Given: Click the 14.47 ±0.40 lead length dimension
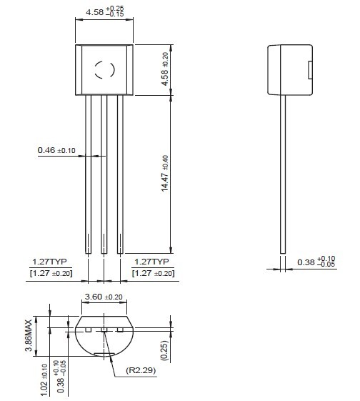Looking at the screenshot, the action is coord(165,174).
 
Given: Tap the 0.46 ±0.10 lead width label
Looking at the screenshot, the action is coord(56,150).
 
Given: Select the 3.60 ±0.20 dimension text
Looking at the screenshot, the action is coord(104,297).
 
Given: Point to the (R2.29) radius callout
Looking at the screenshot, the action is coord(141,370).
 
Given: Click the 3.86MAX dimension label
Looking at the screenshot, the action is coord(29,335).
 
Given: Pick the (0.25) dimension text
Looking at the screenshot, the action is coord(165,350).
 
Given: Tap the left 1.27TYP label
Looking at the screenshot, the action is coord(49,262).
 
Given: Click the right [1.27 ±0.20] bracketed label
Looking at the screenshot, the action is coord(153,273).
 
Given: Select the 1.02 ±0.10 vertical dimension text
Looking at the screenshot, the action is coord(44,381).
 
